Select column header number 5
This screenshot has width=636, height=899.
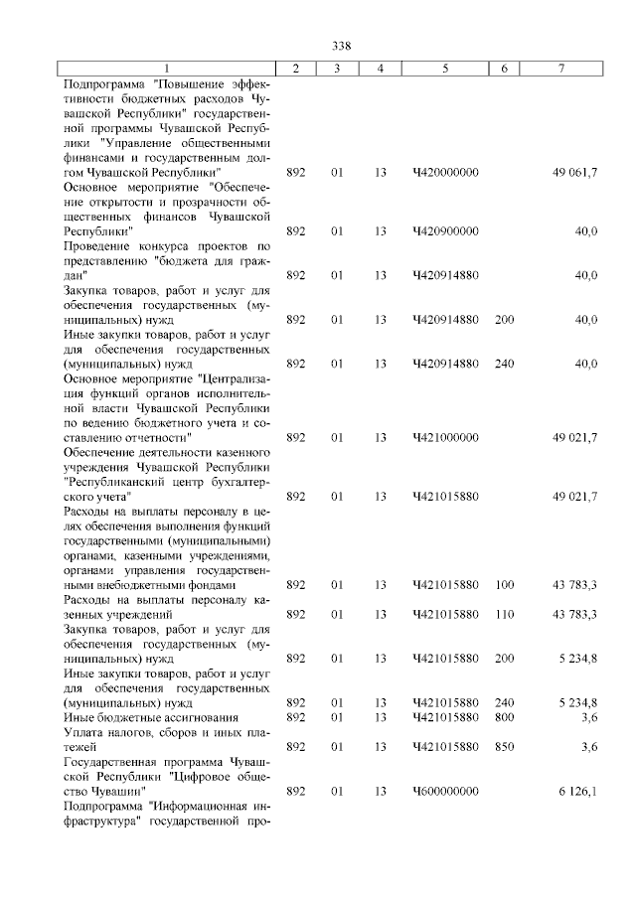pos(445,68)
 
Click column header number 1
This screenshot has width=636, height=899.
pos(167,68)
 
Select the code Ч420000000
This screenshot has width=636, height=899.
pos(445,173)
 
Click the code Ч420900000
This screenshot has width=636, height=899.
pos(445,231)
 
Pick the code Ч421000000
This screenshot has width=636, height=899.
pos(445,437)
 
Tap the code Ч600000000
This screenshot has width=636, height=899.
pos(445,791)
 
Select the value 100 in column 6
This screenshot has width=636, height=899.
pos(504,585)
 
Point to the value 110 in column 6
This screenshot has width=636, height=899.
pos(504,614)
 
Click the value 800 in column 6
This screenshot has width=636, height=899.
pos(504,717)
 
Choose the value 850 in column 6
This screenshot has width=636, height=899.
pos(504,746)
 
